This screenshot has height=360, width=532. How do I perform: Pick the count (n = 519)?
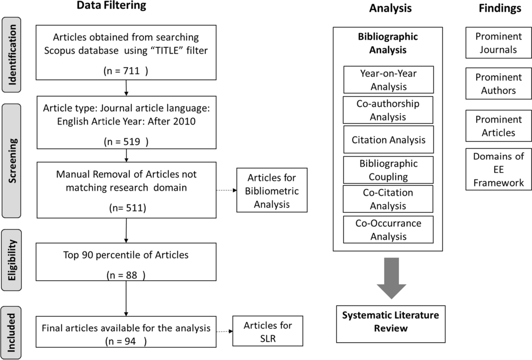(126, 142)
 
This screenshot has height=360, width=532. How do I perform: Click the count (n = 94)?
(126, 341)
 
